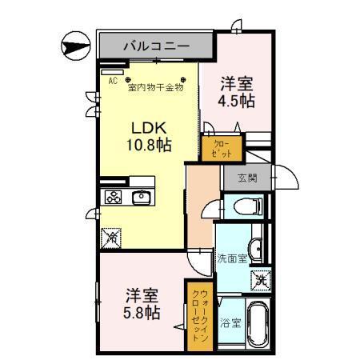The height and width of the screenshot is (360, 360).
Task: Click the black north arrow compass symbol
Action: click(74, 44)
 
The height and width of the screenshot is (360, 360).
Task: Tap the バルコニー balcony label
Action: click(156, 46)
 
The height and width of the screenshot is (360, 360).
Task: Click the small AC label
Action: click(113, 81)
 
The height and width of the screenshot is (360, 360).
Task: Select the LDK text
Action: click(149, 127)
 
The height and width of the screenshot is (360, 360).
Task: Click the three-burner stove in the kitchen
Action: click(113, 197)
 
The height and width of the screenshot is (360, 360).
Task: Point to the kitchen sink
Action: click(142, 197)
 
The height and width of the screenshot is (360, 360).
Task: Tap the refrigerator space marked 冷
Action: click(113, 236)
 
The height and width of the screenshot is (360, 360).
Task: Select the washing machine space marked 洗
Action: click(260, 280)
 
